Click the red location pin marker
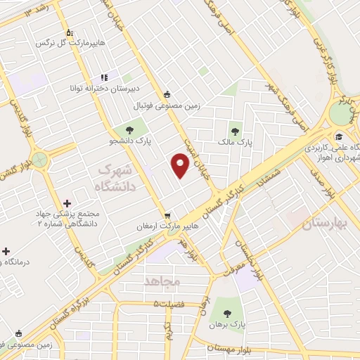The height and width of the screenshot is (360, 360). click(x=181, y=166)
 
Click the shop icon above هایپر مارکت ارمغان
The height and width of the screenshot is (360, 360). click(x=167, y=215)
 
